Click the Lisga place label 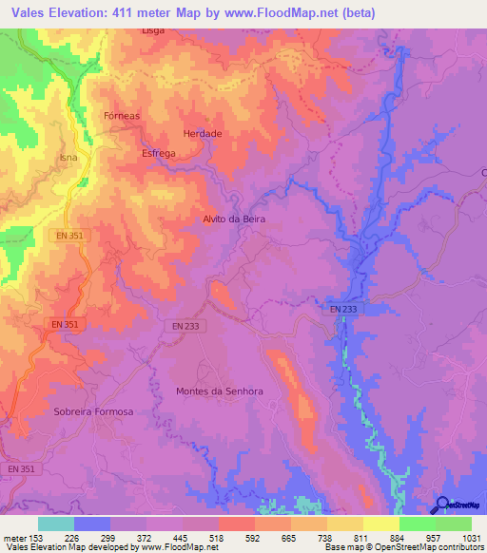coord(153,29)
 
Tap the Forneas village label coord(121,115)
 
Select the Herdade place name coord(202,134)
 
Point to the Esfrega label coord(158,153)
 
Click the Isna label coord(68,157)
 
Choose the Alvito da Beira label coord(233,219)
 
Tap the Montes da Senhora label coord(220,391)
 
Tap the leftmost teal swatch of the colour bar coord(56,524)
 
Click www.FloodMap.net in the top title coord(293,13)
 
